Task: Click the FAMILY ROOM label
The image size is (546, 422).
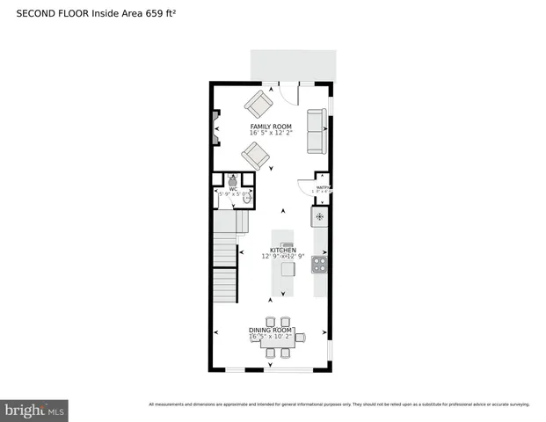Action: tap(270, 126)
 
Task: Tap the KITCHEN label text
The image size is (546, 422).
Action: tap(283, 250)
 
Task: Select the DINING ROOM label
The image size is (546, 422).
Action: tap(264, 330)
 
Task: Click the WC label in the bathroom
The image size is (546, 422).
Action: tap(233, 188)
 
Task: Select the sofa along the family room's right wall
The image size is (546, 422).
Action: tap(317, 129)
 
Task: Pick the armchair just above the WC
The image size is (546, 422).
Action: tap(256, 156)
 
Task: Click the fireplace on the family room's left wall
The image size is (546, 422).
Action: tap(215, 127)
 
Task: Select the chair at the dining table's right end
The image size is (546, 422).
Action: tap(300, 337)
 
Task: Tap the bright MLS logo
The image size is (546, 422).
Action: tap(34, 410)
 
